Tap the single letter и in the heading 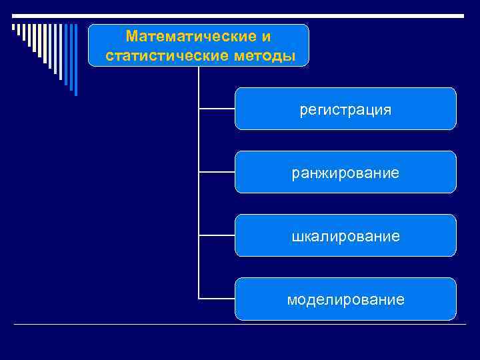(267, 35)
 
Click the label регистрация (345, 109)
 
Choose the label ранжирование (345, 173)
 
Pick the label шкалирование (345, 237)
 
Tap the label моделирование (345, 300)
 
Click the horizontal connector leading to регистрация (217, 108)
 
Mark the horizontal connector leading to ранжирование (217, 172)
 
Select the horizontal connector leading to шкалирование (217, 235)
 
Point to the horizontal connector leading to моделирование (217, 299)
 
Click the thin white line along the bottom (240, 325)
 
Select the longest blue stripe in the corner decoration (75, 60)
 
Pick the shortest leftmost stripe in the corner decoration (13, 28)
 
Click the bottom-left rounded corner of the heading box (91, 64)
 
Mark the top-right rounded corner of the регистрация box (454, 90)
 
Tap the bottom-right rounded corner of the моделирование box (454, 318)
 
